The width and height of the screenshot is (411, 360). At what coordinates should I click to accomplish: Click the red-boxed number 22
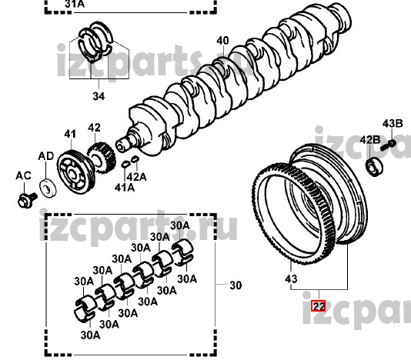point(318,305)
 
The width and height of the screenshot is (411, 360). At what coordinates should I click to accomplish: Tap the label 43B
point(393,123)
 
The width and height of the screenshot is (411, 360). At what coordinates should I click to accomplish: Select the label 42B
point(370,140)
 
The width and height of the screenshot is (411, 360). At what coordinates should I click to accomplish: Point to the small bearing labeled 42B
point(374,167)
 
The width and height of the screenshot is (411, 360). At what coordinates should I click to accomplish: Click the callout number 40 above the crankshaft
point(222,41)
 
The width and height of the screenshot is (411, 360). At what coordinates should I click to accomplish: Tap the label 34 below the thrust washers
point(99,96)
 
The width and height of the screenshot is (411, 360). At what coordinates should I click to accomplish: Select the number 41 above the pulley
point(70,134)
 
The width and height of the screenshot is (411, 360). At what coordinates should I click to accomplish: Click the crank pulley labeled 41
point(75,172)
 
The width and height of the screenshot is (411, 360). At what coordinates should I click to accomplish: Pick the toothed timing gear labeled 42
point(102,158)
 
